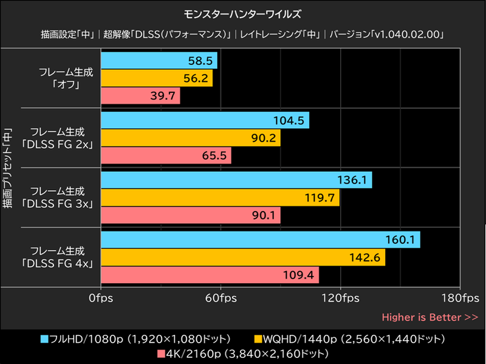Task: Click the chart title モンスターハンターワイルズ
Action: pyautogui.click(x=242, y=13)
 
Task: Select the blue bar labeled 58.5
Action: pyautogui.click(x=159, y=61)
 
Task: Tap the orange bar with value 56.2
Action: pyautogui.click(x=157, y=78)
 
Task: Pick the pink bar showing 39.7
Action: pyautogui.click(x=140, y=96)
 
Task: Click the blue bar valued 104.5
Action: pyautogui.click(x=205, y=120)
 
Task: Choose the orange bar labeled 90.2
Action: pyautogui.click(x=191, y=138)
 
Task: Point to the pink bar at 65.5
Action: pyautogui.click(x=166, y=156)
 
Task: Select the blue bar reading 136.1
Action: pyautogui.click(x=236, y=180)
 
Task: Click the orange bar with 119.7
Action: pyautogui.click(x=220, y=197)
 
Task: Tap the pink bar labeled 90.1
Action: pyautogui.click(x=191, y=215)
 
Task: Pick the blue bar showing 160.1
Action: pyautogui.click(x=260, y=239)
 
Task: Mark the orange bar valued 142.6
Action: pyautogui.click(x=243, y=257)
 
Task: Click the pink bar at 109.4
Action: pyautogui.click(x=210, y=275)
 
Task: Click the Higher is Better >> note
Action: pyautogui.click(x=430, y=317)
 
